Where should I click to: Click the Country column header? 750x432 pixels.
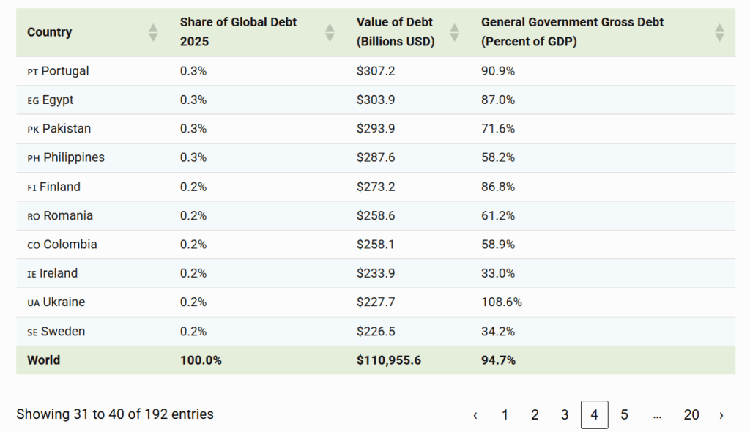[x=50, y=32]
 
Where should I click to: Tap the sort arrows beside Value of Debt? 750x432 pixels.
[x=455, y=32]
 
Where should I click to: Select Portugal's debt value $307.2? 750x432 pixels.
[x=376, y=71]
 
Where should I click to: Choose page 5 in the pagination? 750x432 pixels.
[x=624, y=414]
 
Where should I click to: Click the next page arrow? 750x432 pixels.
[x=721, y=414]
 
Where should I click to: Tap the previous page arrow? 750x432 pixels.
[x=475, y=414]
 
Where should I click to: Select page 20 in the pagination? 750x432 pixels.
[x=691, y=414]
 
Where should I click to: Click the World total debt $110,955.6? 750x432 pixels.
[x=389, y=360]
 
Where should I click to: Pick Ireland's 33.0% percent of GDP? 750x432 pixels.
[x=498, y=273]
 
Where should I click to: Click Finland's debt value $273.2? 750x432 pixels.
[x=376, y=187]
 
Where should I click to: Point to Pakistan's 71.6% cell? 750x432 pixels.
[x=498, y=128]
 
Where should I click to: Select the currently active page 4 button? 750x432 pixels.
[x=594, y=414]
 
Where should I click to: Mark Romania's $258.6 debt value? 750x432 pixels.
[x=376, y=215]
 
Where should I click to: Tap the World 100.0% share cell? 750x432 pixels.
[x=201, y=360]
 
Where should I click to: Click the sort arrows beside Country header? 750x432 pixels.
[x=153, y=32]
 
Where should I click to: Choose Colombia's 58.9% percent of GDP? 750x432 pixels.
[x=498, y=244]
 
